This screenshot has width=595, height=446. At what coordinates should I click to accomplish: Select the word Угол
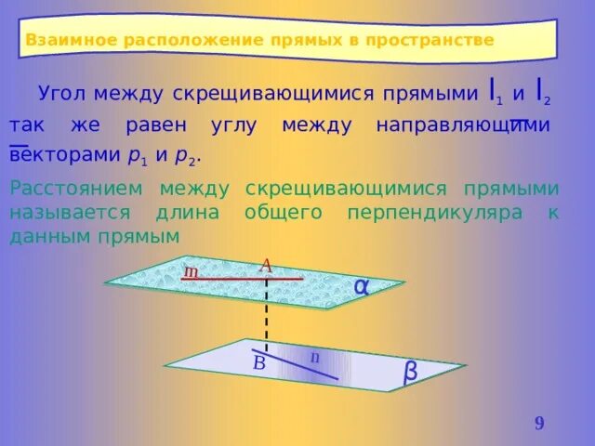(x=63, y=94)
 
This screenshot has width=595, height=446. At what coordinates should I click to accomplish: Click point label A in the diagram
(x=265, y=266)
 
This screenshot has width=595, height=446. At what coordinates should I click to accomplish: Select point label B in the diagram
(x=259, y=363)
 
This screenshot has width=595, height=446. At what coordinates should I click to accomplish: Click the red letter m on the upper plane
(x=191, y=272)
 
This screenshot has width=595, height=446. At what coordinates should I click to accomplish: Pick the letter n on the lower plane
(x=314, y=356)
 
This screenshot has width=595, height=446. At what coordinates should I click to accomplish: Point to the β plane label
(x=410, y=372)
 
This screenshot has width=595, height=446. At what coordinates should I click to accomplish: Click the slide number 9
(x=539, y=425)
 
